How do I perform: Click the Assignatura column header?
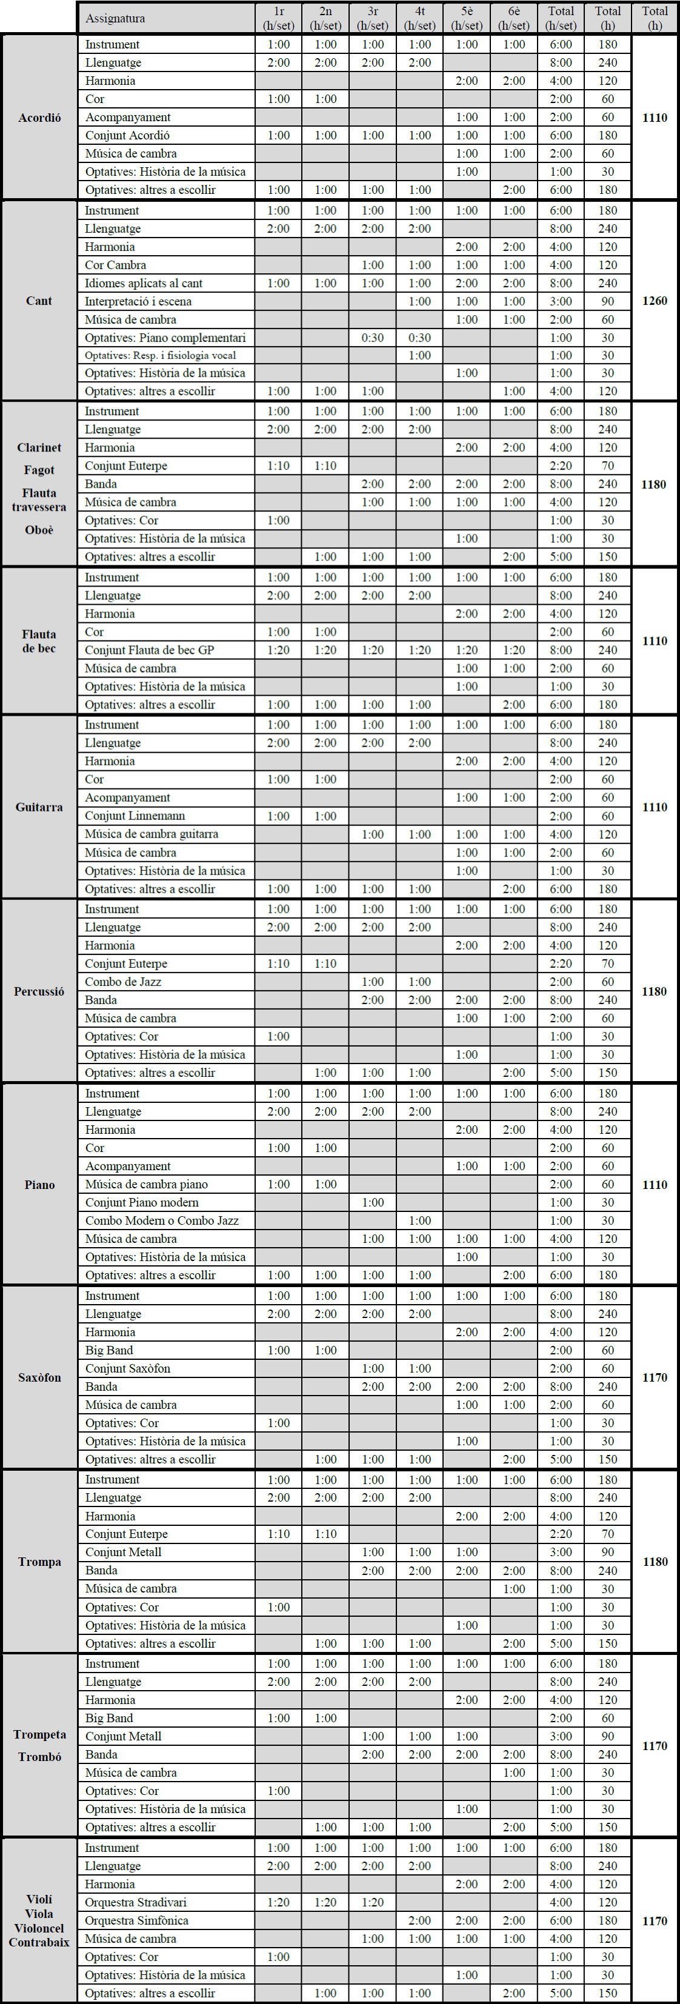tap(115, 18)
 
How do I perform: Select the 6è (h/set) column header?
tap(513, 18)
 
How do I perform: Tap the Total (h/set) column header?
tap(561, 18)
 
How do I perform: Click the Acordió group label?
tap(39, 118)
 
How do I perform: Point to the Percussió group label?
tap(39, 991)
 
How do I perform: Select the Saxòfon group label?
tap(39, 1377)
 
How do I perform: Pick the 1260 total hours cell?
tap(655, 301)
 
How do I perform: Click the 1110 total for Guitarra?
tap(655, 807)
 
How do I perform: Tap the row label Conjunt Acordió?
tap(128, 135)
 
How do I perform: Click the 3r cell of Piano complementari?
tap(373, 338)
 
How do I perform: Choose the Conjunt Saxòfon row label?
tap(128, 1368)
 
